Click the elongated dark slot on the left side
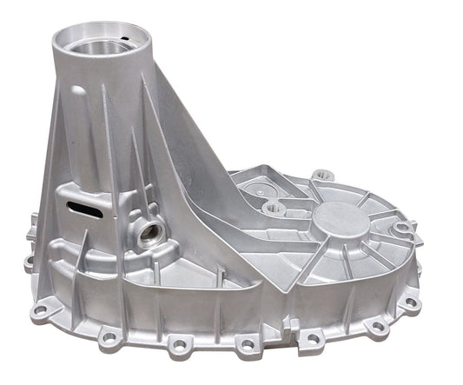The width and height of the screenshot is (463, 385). [x=84, y=206]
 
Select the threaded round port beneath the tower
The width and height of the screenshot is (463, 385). [x=149, y=233]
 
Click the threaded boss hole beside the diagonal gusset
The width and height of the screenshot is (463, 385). [x=273, y=207]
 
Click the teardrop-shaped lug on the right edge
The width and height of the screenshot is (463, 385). [x=402, y=229]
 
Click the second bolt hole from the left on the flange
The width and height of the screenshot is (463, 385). [x=108, y=336]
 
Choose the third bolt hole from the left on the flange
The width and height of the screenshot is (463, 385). [x=179, y=346]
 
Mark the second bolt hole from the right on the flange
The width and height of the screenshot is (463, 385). [x=376, y=325]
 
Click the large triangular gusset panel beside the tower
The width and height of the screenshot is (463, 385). [x=187, y=174]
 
